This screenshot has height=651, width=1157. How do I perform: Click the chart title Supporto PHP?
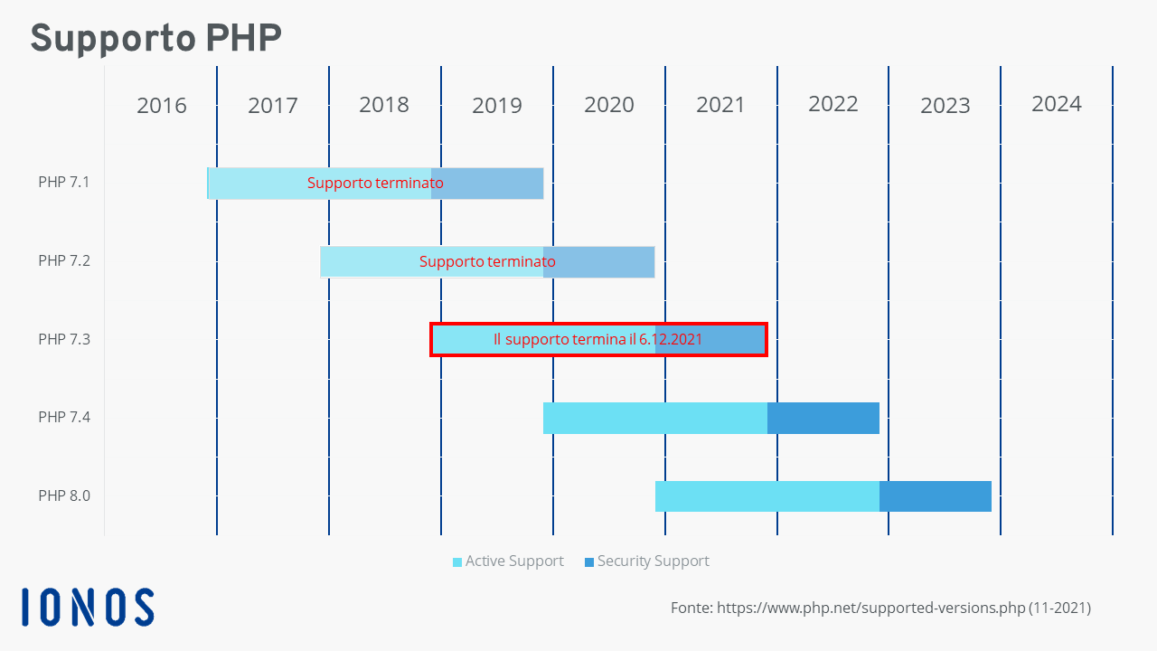(156, 38)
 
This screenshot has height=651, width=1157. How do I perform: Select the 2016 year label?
(161, 106)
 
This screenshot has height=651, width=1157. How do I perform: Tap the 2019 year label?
(497, 106)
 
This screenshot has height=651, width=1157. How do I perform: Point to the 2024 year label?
(1057, 104)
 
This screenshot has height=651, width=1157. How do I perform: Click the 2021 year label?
(720, 106)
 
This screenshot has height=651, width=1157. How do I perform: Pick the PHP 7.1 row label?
(64, 183)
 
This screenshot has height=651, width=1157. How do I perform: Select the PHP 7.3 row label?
(64, 339)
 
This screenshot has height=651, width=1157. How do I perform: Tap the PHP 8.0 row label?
(64, 496)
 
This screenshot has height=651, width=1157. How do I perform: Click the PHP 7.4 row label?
(64, 417)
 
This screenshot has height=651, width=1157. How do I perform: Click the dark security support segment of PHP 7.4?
(823, 418)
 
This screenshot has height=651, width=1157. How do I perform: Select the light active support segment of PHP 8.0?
(767, 496)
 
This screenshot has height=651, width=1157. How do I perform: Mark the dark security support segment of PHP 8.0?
(936, 496)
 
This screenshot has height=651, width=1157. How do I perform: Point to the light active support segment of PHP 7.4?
(655, 418)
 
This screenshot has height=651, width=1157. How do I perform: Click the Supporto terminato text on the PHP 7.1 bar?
(375, 183)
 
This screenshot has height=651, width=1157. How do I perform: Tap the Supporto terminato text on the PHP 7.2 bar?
(487, 261)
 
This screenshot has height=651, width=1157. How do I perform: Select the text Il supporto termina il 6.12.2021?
(597, 339)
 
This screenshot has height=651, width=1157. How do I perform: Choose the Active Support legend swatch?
(457, 562)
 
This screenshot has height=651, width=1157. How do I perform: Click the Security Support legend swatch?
(589, 562)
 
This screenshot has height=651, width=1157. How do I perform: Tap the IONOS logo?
(88, 607)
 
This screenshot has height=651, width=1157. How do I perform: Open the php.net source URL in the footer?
(870, 609)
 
